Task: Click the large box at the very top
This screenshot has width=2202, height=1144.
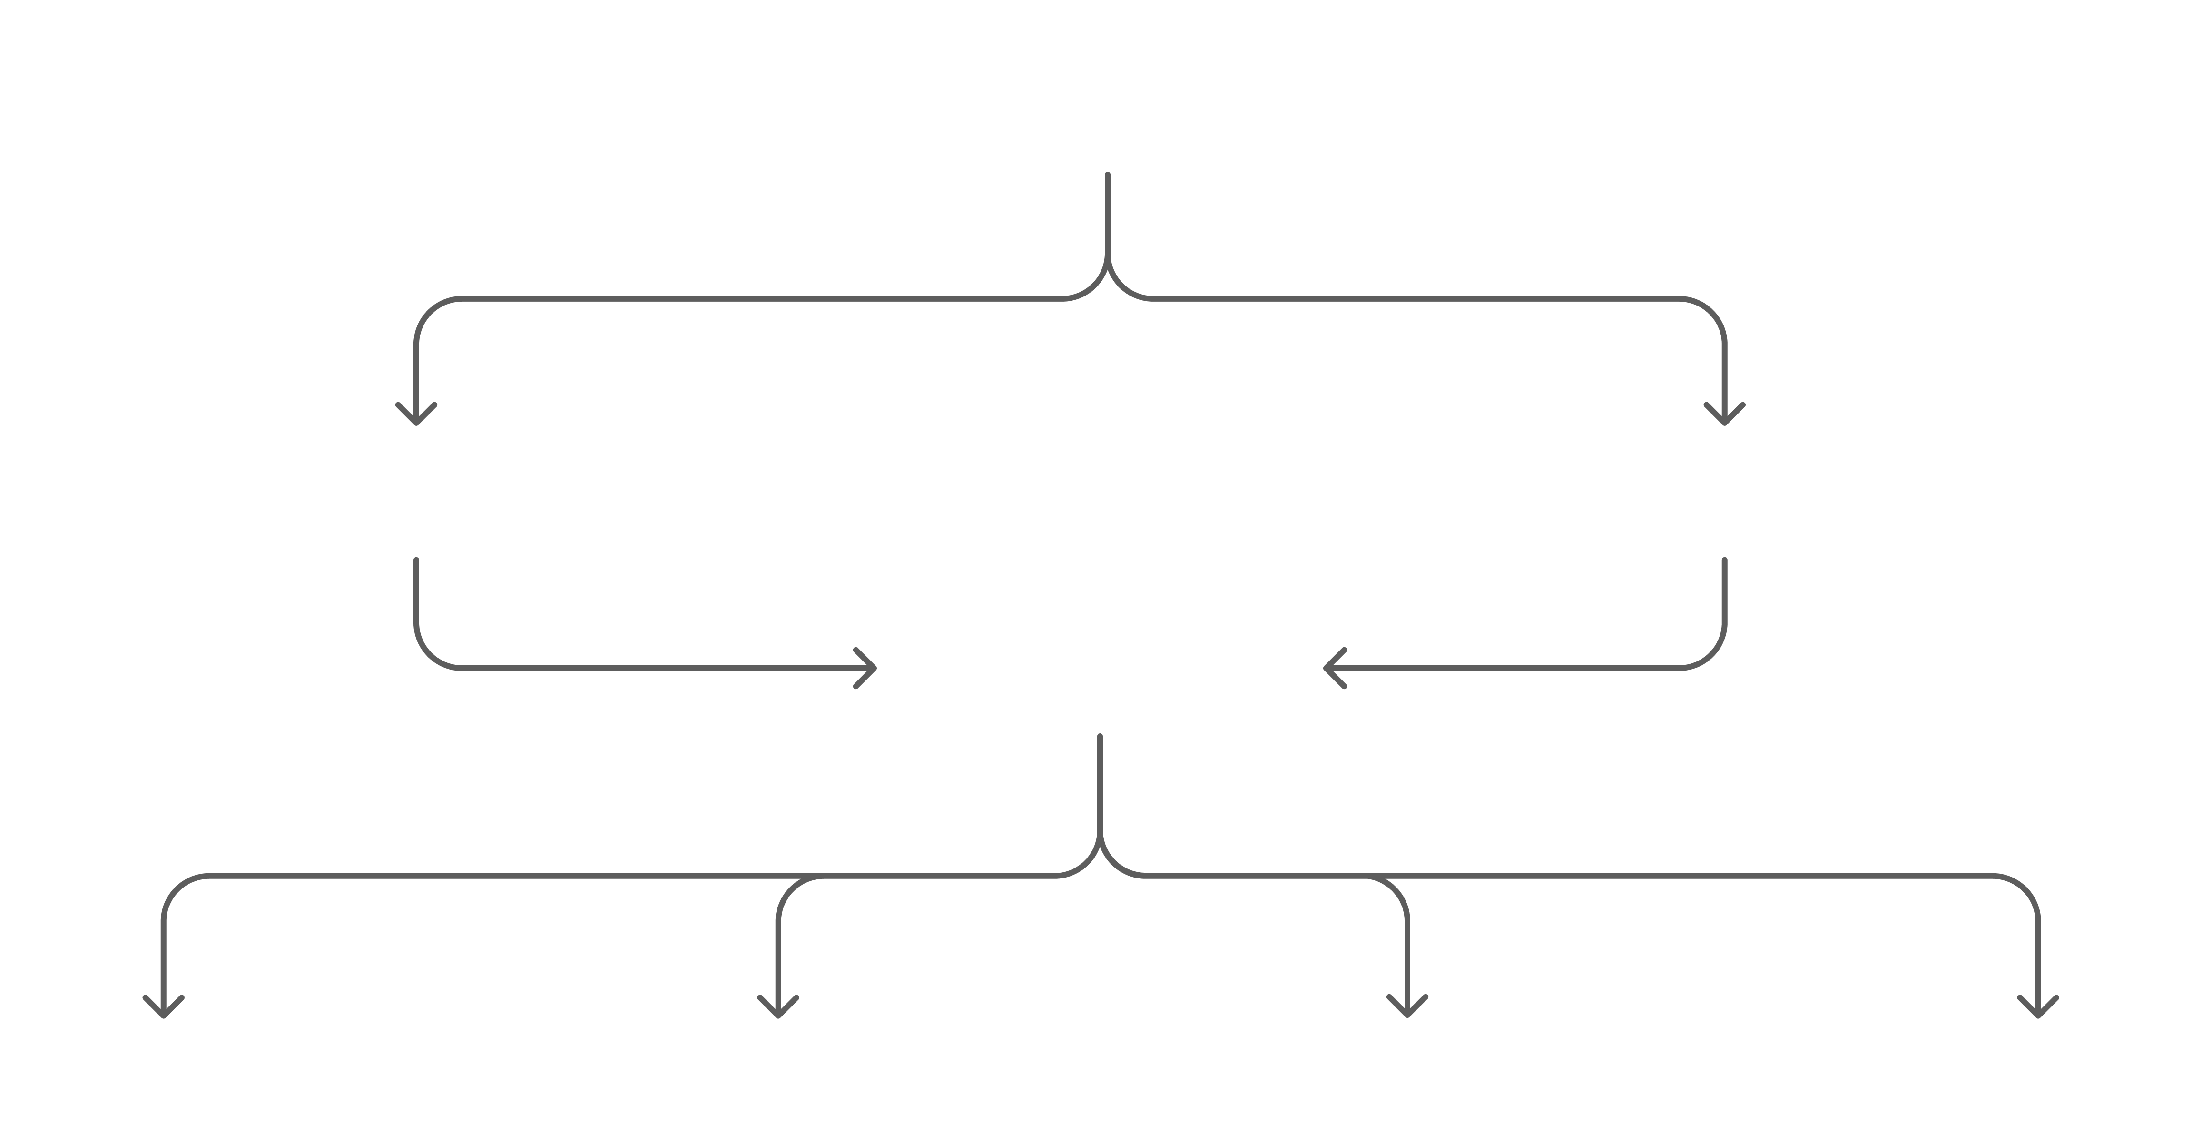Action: (1107, 83)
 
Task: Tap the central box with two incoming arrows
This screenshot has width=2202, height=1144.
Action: (1099, 668)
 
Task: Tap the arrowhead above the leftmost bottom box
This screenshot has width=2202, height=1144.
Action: (163, 1008)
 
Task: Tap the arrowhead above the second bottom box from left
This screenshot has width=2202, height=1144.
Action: (778, 1008)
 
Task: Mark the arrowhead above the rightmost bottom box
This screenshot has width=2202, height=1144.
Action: (2038, 1008)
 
